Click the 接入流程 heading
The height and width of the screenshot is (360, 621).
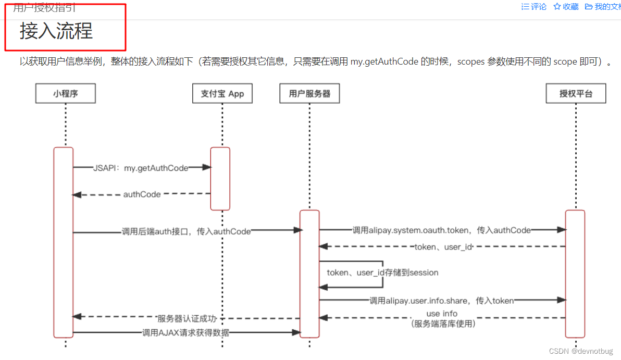coord(56,31)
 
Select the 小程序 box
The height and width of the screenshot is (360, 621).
coord(66,94)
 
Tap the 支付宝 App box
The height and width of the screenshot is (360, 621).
coord(222,94)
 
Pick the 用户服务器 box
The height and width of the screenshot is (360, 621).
coord(309,94)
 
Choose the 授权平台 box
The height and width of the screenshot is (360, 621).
coord(576,94)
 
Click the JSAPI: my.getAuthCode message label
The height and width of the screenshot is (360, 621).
coord(141,168)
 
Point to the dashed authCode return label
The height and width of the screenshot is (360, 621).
coord(142,194)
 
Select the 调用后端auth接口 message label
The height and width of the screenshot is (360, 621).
coord(186,231)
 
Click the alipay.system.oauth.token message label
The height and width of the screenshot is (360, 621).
coord(441,230)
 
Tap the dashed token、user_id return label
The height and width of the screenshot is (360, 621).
coord(442,246)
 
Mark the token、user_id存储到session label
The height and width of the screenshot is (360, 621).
coord(382,272)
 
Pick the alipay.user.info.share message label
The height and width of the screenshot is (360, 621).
coord(441,301)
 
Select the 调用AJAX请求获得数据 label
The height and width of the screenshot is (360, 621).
coord(185,332)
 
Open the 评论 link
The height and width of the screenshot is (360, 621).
coord(535,7)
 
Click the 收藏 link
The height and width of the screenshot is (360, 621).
coord(566,7)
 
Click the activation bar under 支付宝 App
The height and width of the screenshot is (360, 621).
coord(220,179)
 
